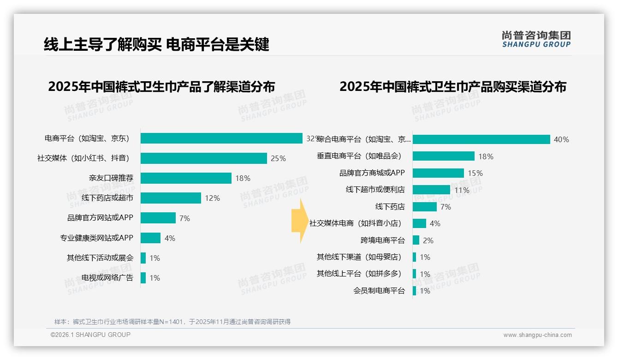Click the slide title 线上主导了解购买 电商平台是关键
(x=156, y=44)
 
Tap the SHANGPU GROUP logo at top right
(x=536, y=39)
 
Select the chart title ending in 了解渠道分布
(x=161, y=87)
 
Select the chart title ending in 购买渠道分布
(x=452, y=87)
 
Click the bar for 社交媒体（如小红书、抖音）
(x=203, y=158)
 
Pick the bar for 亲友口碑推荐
(x=186, y=178)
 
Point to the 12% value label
(x=213, y=198)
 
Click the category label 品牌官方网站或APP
(x=100, y=218)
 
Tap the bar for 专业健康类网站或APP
(x=150, y=238)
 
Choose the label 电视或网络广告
(x=107, y=278)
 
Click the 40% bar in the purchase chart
(x=481, y=139)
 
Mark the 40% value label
(x=561, y=140)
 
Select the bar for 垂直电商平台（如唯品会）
(x=443, y=156)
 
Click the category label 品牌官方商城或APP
(x=372, y=173)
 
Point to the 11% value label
(x=462, y=190)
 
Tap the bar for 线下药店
(x=424, y=207)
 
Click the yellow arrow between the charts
(x=298, y=221)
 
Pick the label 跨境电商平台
(x=382, y=240)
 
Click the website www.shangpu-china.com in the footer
(x=537, y=335)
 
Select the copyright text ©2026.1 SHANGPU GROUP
(x=90, y=335)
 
